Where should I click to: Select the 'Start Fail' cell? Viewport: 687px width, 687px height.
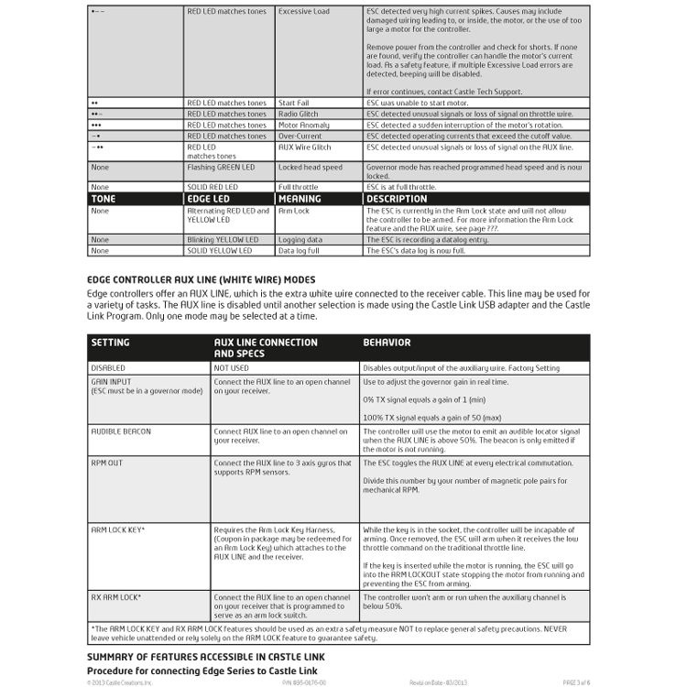(297, 103)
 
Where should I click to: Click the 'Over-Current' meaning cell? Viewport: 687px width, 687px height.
(301, 136)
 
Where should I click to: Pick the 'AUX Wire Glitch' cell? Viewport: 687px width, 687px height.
(305, 147)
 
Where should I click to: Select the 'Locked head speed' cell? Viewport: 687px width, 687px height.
(311, 168)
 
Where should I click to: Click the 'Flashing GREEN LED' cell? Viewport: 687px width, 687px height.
(220, 168)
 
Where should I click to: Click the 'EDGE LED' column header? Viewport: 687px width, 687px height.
(209, 199)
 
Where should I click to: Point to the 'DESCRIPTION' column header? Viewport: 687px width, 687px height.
(396, 199)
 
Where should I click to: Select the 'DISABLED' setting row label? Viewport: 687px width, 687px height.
(107, 368)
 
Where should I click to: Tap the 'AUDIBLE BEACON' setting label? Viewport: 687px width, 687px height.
(121, 431)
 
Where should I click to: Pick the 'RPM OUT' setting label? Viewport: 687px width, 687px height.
(107, 463)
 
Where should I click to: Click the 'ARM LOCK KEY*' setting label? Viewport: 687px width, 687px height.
(118, 529)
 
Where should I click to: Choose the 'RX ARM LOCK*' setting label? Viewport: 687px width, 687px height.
(116, 596)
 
